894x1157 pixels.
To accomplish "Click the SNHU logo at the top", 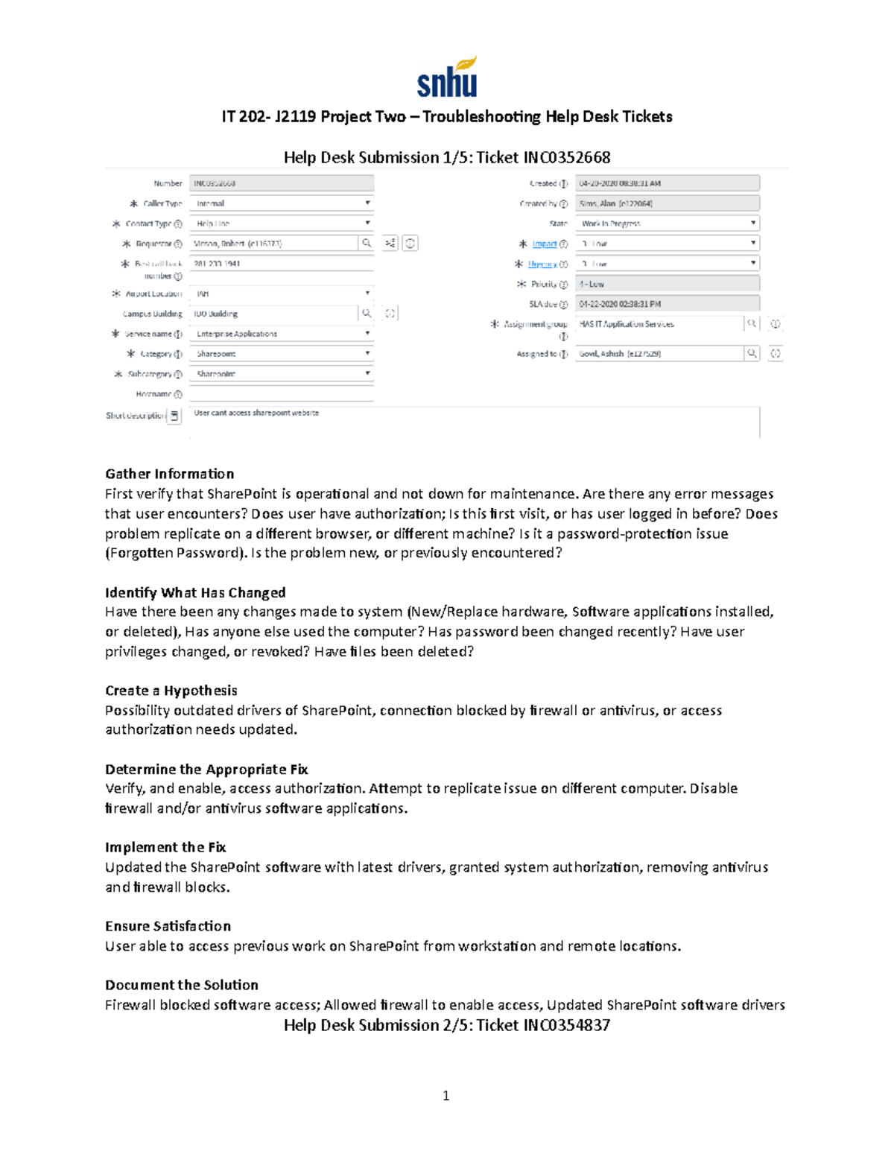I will (x=446, y=77).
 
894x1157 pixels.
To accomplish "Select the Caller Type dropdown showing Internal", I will (x=282, y=203).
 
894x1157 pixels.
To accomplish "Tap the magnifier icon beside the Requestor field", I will (x=367, y=243).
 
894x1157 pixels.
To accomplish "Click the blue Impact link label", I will (x=544, y=244).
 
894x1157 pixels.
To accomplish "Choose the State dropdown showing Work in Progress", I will (x=667, y=224).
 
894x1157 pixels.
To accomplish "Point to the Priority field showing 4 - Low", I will (x=667, y=284).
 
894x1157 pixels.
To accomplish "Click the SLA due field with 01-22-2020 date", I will (x=667, y=304).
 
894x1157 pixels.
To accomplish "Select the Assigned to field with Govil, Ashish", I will (x=659, y=354).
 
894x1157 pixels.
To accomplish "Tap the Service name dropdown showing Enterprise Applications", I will (x=282, y=334).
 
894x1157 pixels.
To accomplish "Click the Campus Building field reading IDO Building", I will (x=273, y=314).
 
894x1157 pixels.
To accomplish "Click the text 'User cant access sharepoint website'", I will (x=256, y=413).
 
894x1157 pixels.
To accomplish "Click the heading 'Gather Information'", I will (x=169, y=474).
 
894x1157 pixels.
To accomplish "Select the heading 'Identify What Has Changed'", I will (x=195, y=592).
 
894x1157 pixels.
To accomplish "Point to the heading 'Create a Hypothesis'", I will (x=171, y=691).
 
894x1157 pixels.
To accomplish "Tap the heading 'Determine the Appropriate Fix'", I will (x=206, y=769).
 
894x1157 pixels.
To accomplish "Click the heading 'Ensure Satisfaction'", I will (x=168, y=926).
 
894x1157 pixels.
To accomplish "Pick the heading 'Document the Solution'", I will (x=181, y=985).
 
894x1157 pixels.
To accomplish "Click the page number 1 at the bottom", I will (x=446, y=1095).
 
